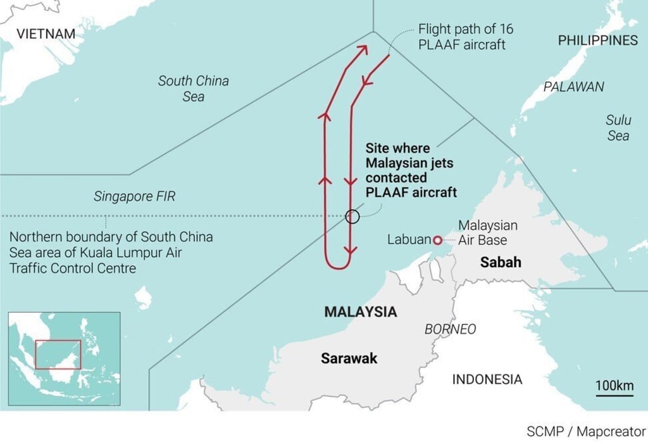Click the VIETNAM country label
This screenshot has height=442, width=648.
46,34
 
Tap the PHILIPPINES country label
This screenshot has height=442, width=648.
597,41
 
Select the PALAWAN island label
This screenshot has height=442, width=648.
574,87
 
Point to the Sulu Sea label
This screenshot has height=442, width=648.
618,127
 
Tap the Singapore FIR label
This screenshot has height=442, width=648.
134,197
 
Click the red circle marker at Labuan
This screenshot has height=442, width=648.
437,240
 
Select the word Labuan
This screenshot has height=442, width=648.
409,240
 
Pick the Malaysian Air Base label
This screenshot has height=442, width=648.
487,232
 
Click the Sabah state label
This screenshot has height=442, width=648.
500,262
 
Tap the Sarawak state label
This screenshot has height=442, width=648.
349,358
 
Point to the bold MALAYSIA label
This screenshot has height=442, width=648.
360,312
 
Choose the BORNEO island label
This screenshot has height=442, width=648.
450,329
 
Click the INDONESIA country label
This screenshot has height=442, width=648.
487,379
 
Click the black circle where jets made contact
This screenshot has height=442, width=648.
352,217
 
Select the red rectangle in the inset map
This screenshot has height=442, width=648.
58,355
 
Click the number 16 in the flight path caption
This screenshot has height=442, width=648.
506,30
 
